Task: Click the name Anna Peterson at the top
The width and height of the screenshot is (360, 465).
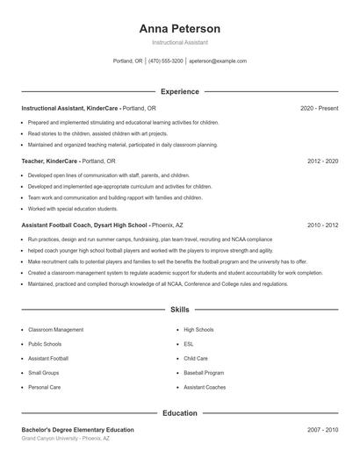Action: point(179,28)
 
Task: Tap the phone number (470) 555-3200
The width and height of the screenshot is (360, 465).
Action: point(166,61)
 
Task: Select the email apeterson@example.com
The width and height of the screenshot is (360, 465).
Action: point(218,61)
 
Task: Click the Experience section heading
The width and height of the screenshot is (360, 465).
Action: point(179,91)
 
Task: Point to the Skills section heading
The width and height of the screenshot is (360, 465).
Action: point(179,310)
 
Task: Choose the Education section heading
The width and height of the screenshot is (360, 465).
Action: point(179,412)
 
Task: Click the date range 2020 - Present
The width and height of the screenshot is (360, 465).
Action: point(319,108)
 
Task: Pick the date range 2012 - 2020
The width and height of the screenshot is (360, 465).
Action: point(322,161)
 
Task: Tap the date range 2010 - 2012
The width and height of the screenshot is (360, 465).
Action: point(322,225)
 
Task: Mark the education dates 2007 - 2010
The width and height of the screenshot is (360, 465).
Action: point(322,430)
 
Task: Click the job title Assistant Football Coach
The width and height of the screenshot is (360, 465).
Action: point(58,225)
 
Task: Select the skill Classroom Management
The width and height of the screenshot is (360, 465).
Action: point(56,330)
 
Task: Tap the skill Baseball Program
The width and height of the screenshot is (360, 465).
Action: point(204,373)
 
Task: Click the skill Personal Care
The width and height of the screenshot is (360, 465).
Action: point(44,387)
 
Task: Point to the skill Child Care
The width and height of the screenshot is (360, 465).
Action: point(196,358)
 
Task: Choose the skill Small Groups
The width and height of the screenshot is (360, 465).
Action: point(45,373)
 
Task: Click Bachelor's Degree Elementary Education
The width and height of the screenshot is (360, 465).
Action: point(78,430)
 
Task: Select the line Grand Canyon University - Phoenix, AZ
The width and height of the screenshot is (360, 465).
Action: point(66,438)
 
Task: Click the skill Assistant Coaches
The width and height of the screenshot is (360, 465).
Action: point(205,387)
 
